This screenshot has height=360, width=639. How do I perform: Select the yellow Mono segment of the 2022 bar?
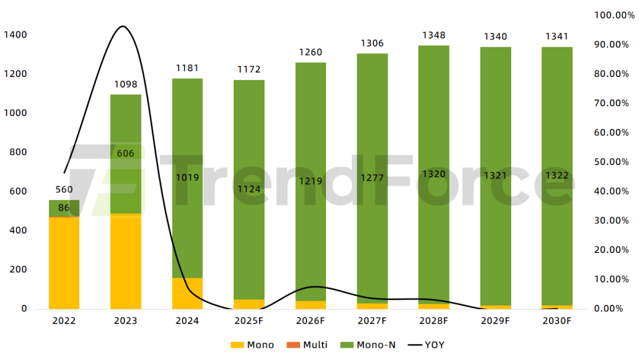64,263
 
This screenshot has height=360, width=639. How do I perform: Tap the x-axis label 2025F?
248,321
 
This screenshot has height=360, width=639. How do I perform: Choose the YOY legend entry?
427,345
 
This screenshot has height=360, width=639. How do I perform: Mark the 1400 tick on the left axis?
15,35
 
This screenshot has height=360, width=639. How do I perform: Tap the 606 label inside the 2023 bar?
125,153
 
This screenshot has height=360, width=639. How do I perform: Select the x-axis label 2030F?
557,321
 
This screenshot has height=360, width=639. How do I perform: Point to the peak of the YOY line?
122,27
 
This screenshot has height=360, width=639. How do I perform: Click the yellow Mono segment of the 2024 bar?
187,293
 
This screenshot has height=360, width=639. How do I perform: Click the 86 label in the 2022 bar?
64,208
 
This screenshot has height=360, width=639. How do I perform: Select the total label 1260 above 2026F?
310,53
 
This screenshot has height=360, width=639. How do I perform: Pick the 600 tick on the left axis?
18,191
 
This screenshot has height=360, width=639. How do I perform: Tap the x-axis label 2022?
64,321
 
